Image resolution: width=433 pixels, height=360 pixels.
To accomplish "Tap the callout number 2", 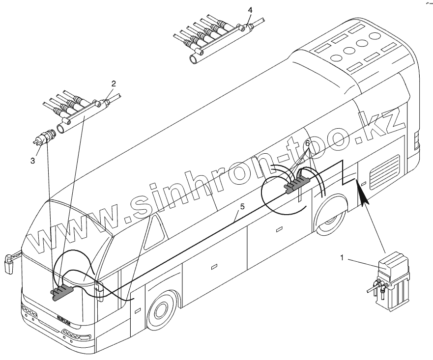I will (x=114, y=84).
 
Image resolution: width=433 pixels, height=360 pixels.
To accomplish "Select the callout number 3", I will (x=33, y=160).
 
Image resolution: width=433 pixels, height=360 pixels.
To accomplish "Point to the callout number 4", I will (x=250, y=9).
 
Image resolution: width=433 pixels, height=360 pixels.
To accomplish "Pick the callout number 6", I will (x=308, y=144).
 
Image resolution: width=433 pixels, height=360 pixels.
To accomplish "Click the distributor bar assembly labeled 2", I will (x=79, y=111).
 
